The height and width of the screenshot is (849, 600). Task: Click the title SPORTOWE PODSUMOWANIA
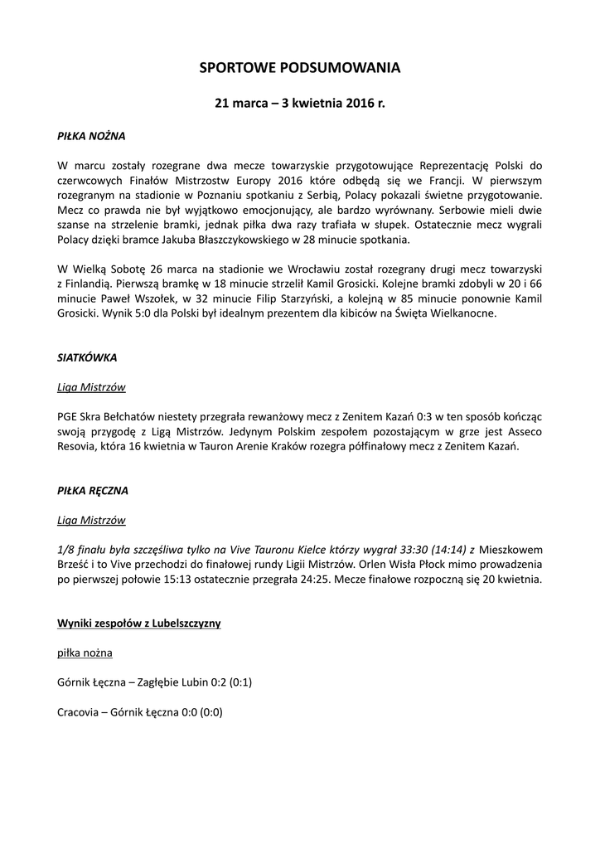[299, 70]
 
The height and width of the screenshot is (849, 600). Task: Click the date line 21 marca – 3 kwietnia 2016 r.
[299, 104]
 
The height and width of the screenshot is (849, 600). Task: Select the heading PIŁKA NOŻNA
[91, 133]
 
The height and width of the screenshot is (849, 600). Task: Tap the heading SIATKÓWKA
[87, 358]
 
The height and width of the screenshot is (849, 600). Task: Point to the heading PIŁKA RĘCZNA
[92, 491]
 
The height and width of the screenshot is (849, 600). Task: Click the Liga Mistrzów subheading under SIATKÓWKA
[91, 386]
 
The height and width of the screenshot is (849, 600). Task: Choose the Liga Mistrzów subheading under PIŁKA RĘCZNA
[91, 520]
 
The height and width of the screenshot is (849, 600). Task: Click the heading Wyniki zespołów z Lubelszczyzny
[138, 622]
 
